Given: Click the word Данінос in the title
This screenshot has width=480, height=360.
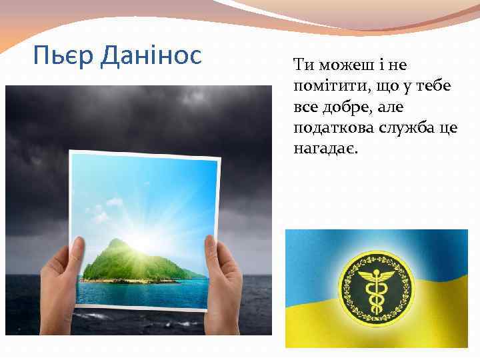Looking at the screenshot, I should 151,55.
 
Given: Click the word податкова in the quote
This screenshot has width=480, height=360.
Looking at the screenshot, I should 325,128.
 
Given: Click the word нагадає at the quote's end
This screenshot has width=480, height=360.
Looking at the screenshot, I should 323,149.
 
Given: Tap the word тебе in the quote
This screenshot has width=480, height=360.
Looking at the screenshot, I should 435,87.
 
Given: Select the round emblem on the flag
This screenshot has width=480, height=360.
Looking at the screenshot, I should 377,286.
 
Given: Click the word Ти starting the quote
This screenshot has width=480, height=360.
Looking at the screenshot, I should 302,65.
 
